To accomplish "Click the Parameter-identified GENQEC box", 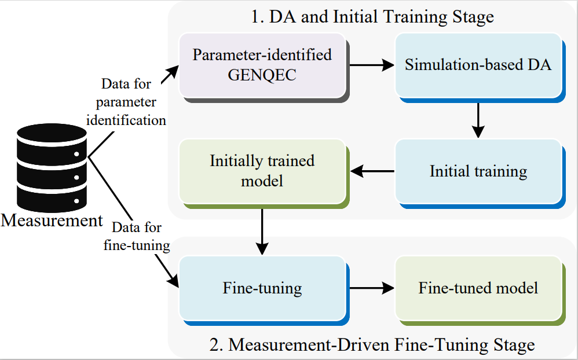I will (262, 65).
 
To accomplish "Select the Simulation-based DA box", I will (478, 65).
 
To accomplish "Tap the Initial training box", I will (478, 171).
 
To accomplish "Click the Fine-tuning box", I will (262, 288).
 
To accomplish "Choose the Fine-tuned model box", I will (478, 288).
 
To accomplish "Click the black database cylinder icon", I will (52, 168).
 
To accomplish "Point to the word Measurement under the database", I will (52, 221).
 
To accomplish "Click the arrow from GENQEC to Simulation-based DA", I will (371, 65).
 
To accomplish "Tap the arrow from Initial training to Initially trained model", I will (373, 171).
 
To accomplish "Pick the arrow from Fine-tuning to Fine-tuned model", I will (371, 288).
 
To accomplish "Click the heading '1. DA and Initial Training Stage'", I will (372, 17).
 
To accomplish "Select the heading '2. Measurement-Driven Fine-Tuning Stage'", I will (372, 346).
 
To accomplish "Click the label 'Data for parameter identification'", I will (126, 102).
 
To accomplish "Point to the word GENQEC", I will (262, 74).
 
